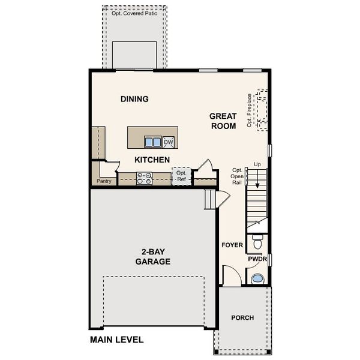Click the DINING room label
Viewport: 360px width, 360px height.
[x=134, y=99]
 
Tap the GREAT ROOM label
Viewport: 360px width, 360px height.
[x=223, y=121]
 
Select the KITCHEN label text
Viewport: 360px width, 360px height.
[x=152, y=160]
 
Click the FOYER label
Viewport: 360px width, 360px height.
[x=232, y=245]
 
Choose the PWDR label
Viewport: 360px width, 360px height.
[x=257, y=259]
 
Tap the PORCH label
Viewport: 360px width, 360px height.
[x=242, y=317]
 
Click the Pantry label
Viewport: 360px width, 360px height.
[x=104, y=181]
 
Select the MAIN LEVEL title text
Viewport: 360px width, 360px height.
[x=117, y=340]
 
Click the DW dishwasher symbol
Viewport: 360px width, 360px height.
[x=169, y=142]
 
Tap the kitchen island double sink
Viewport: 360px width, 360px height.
[x=153, y=142]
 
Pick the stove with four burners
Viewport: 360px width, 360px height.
[x=144, y=178]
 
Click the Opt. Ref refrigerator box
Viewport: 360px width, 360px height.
[x=181, y=176]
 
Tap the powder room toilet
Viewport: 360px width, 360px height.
[x=257, y=244]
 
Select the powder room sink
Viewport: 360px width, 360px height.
[x=257, y=278]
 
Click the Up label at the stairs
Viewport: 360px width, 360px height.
[x=257, y=164]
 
